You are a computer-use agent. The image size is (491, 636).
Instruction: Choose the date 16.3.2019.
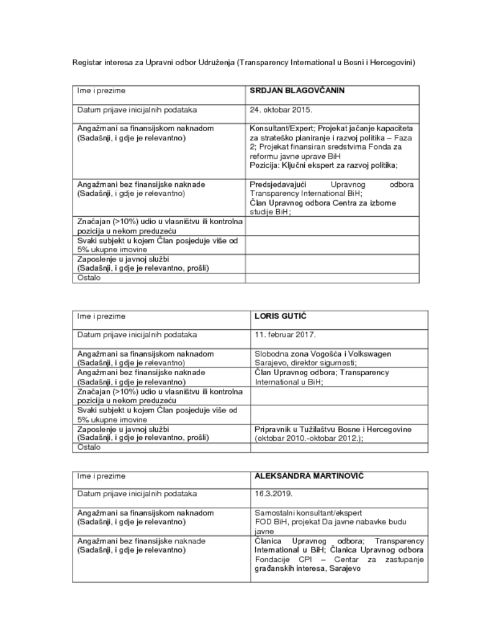pos(273,494)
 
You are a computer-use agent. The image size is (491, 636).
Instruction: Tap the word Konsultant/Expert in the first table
pos(279,128)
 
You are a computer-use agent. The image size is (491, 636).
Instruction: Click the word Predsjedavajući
pos(279,185)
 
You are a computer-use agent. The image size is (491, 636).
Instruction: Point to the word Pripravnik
pos(273,429)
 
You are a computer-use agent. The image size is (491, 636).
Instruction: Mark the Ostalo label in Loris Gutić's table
pos(88,447)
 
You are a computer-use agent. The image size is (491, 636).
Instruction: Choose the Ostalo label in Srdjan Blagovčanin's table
pos(88,278)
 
